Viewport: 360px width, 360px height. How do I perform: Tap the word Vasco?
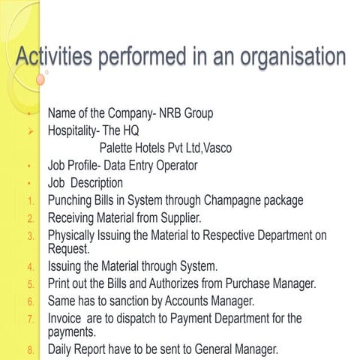coord(217,148)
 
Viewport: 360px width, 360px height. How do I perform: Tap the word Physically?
coord(74,235)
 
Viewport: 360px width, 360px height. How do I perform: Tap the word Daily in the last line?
coord(62,349)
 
